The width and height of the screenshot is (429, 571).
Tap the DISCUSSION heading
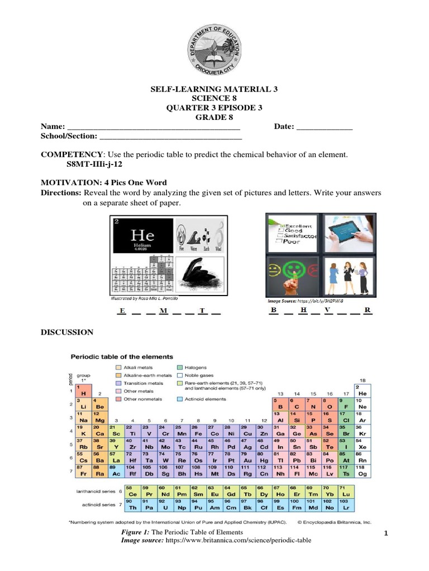pyautogui.click(x=67, y=332)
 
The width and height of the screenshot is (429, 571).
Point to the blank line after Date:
pyautogui.click(x=324, y=128)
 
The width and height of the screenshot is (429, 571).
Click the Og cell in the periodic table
pyautogui.click(x=362, y=471)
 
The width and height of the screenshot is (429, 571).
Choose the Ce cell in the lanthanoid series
pyautogui.click(x=134, y=492)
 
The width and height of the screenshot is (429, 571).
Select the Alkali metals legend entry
pyautogui.click(x=137, y=367)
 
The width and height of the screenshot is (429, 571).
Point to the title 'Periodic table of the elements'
pyautogui.click(x=121, y=356)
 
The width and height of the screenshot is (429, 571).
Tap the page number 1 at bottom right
pyautogui.click(x=386, y=535)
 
